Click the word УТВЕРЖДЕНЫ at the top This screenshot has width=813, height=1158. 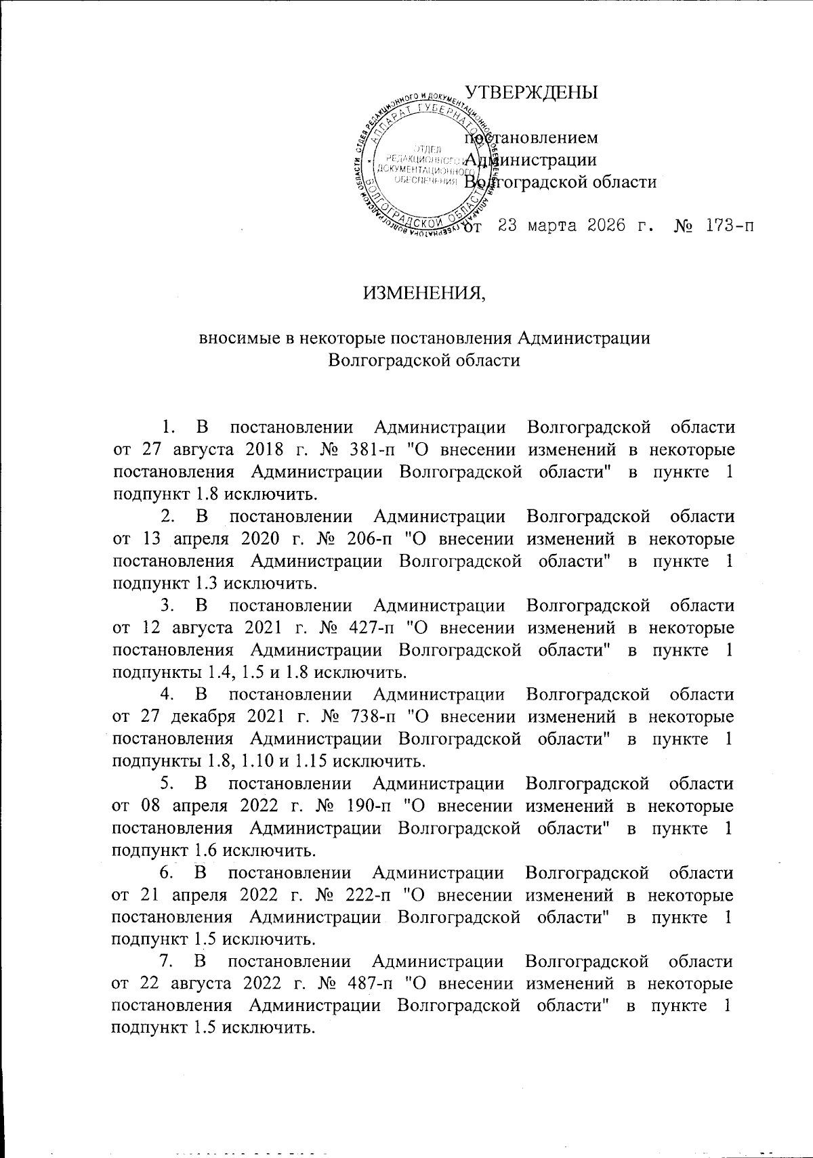pyautogui.click(x=530, y=93)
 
